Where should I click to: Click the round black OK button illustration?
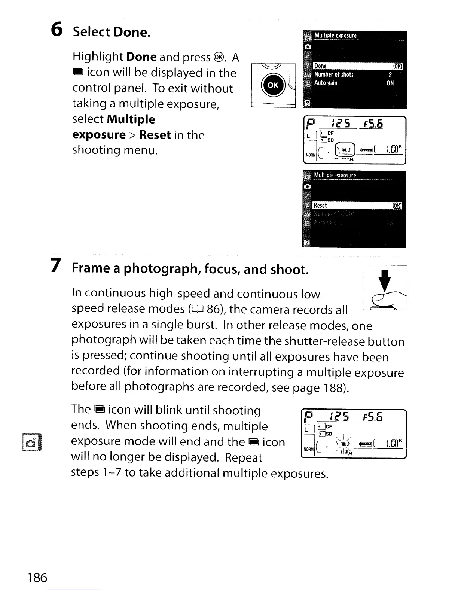pyautogui.click(x=272, y=85)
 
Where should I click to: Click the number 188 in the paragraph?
pyautogui.click(x=331, y=387)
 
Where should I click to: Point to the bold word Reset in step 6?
pyautogui.click(x=155, y=135)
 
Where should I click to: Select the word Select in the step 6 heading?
pyautogui.click(x=91, y=32)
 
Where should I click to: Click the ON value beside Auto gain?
pyautogui.click(x=390, y=83)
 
